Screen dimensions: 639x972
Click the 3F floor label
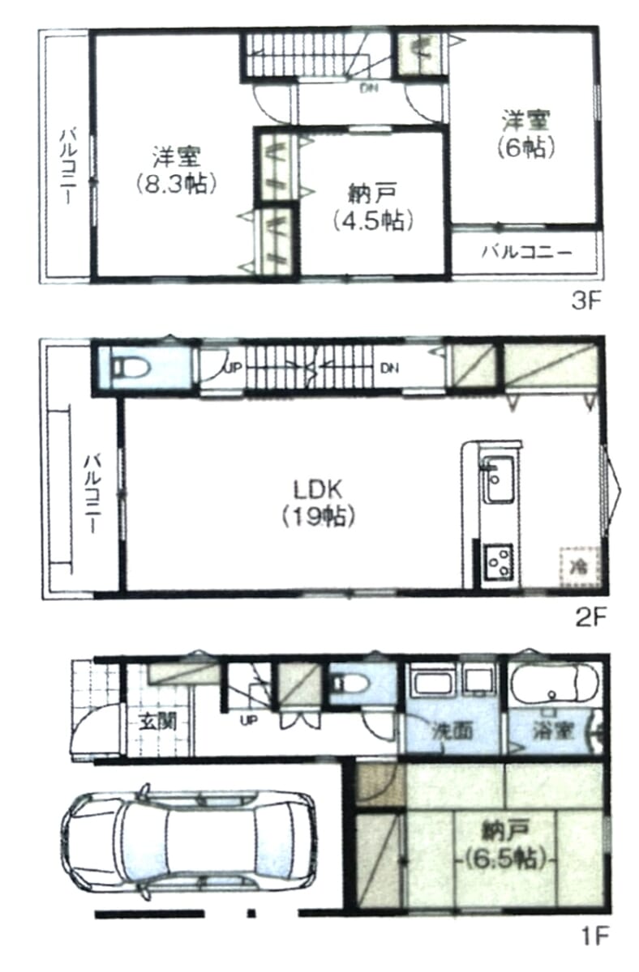[585, 302]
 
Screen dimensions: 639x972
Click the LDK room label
[318, 490]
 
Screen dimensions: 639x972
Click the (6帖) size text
[526, 148]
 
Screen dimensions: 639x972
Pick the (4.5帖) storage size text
[373, 220]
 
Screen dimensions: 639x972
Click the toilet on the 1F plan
[352, 684]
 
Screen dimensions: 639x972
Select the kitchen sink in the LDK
[498, 480]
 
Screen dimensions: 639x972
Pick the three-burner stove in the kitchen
[499, 561]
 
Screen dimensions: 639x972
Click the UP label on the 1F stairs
[249, 721]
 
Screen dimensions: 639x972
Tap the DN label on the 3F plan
[369, 89]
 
